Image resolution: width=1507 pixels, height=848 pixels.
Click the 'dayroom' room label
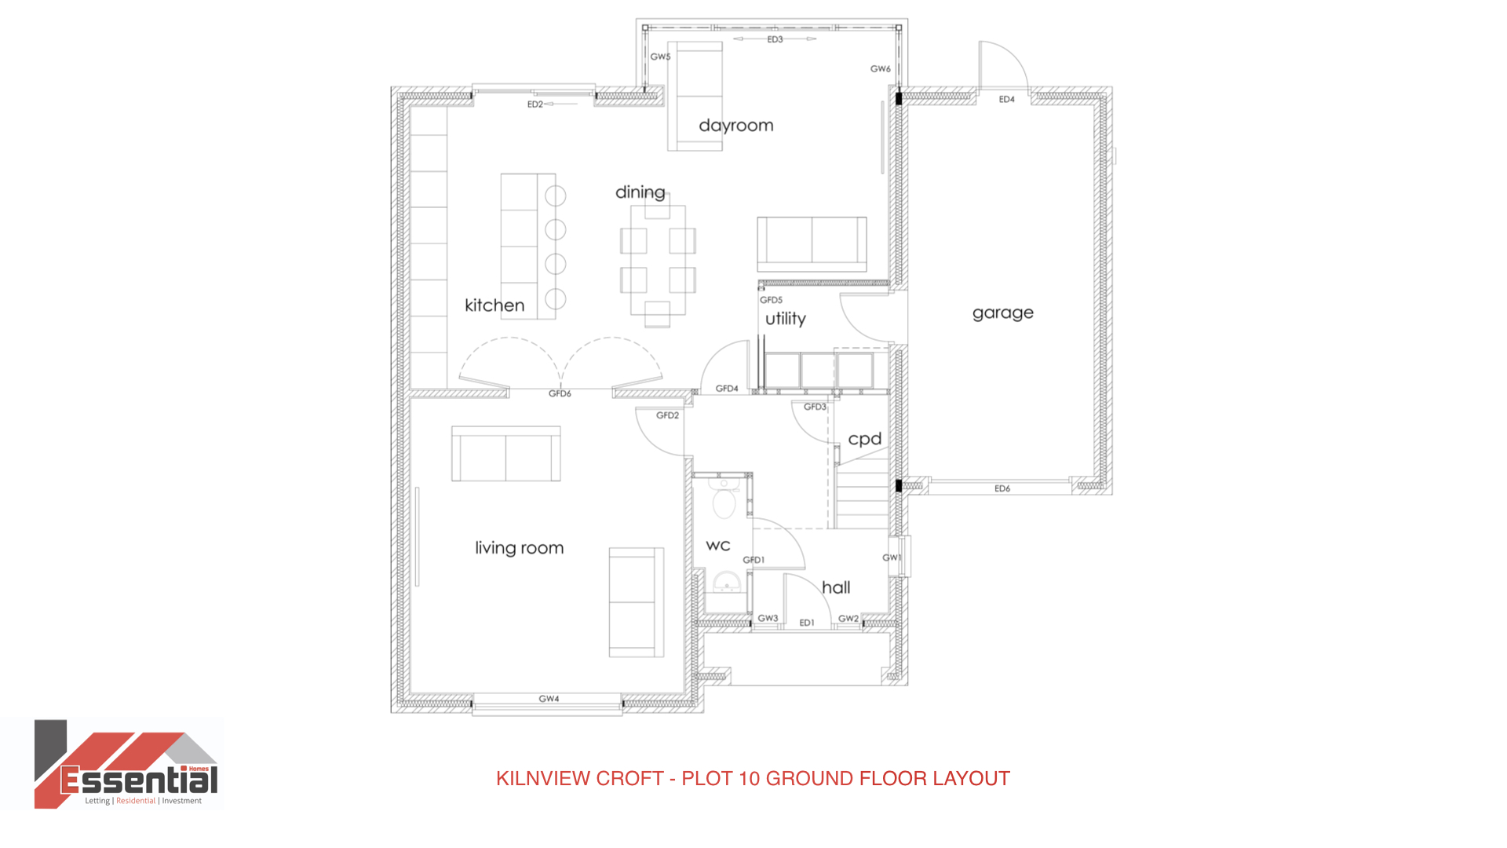click(x=735, y=126)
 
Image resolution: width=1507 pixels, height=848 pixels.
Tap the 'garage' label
click(x=1002, y=313)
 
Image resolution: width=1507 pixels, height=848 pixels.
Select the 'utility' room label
click(x=785, y=318)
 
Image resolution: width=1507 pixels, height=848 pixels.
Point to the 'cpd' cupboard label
click(x=864, y=439)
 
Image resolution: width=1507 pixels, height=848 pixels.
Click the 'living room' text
click(x=519, y=547)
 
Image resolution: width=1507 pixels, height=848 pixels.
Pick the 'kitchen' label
click(x=494, y=305)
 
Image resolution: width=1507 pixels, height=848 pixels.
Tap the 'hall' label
click(x=836, y=587)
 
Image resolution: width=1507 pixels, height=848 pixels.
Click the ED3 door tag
click(x=775, y=39)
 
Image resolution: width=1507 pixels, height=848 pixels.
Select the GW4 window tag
click(x=549, y=699)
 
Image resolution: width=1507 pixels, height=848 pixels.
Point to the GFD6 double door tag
click(x=560, y=393)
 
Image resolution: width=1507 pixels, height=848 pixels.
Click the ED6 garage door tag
click(x=1002, y=488)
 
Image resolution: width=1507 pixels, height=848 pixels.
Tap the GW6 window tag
click(x=880, y=69)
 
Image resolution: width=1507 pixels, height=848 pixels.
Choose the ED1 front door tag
click(x=807, y=623)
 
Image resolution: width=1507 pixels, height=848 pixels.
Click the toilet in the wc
click(x=723, y=498)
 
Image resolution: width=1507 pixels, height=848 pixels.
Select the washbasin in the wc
click(x=727, y=583)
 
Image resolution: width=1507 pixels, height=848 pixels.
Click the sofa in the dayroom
click(x=695, y=96)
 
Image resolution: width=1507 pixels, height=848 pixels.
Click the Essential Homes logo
click(x=126, y=764)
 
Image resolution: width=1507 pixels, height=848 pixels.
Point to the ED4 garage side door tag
click(x=1007, y=100)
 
